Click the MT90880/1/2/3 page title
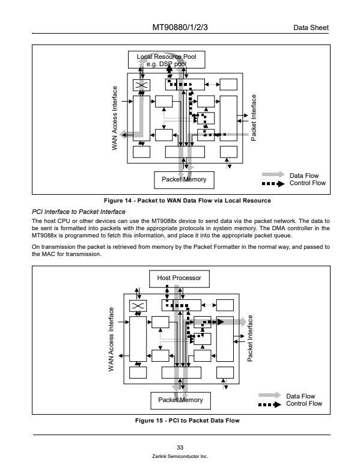pos(180,28)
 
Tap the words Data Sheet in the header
pos(311,28)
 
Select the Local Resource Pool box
pos(166,60)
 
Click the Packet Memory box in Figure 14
pos(184,180)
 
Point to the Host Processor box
pos(179,279)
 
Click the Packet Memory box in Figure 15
pos(180,400)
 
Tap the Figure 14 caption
pos(188,200)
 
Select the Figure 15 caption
pos(188,421)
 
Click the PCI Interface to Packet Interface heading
pos(79,212)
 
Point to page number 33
pos(180,447)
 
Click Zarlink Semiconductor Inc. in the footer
pos(180,456)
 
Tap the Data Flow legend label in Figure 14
pos(304,176)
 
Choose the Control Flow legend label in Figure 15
pos(304,403)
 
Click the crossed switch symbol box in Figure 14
pos(141,85)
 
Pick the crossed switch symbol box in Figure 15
pos(138,306)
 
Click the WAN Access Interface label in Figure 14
pos(115,118)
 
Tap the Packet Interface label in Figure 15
pos(250,338)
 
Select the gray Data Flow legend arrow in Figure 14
pos(273,174)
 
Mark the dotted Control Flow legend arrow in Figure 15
pos(270,404)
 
